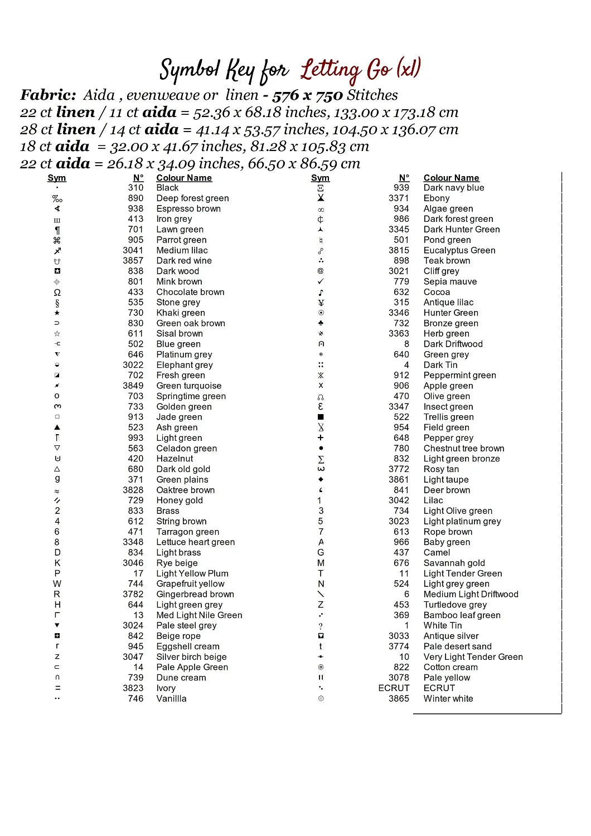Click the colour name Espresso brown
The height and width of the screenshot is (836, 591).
pyautogui.click(x=188, y=208)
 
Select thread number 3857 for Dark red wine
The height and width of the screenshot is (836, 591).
pyautogui.click(x=133, y=261)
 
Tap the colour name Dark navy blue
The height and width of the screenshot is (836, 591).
pyautogui.click(x=454, y=188)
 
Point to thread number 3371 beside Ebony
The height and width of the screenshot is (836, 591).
pyautogui.click(x=399, y=198)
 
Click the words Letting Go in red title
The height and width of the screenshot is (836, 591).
pyautogui.click(x=346, y=70)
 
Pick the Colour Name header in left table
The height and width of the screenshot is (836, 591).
pyautogui.click(x=184, y=178)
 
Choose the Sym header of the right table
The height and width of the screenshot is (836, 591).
pyautogui.click(x=320, y=178)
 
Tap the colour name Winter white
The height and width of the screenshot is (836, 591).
pyautogui.click(x=448, y=699)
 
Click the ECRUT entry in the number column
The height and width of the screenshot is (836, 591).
pyautogui.click(x=394, y=688)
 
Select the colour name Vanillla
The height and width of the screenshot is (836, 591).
pyautogui.click(x=171, y=699)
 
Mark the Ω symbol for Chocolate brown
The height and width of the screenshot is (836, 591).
pyautogui.click(x=57, y=292)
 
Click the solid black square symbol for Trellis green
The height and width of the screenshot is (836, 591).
pyautogui.click(x=321, y=417)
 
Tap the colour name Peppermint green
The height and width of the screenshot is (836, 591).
pyautogui.click(x=459, y=376)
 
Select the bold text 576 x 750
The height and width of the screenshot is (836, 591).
pyautogui.click(x=307, y=95)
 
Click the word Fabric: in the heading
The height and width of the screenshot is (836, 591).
pyautogui.click(x=48, y=95)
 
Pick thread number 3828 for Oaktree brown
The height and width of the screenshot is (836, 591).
pyautogui.click(x=133, y=490)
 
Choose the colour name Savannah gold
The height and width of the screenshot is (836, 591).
pyautogui.click(x=454, y=563)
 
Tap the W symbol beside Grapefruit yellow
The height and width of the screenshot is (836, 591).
pyautogui.click(x=57, y=584)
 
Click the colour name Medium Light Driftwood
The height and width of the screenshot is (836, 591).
pyautogui.click(x=471, y=595)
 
